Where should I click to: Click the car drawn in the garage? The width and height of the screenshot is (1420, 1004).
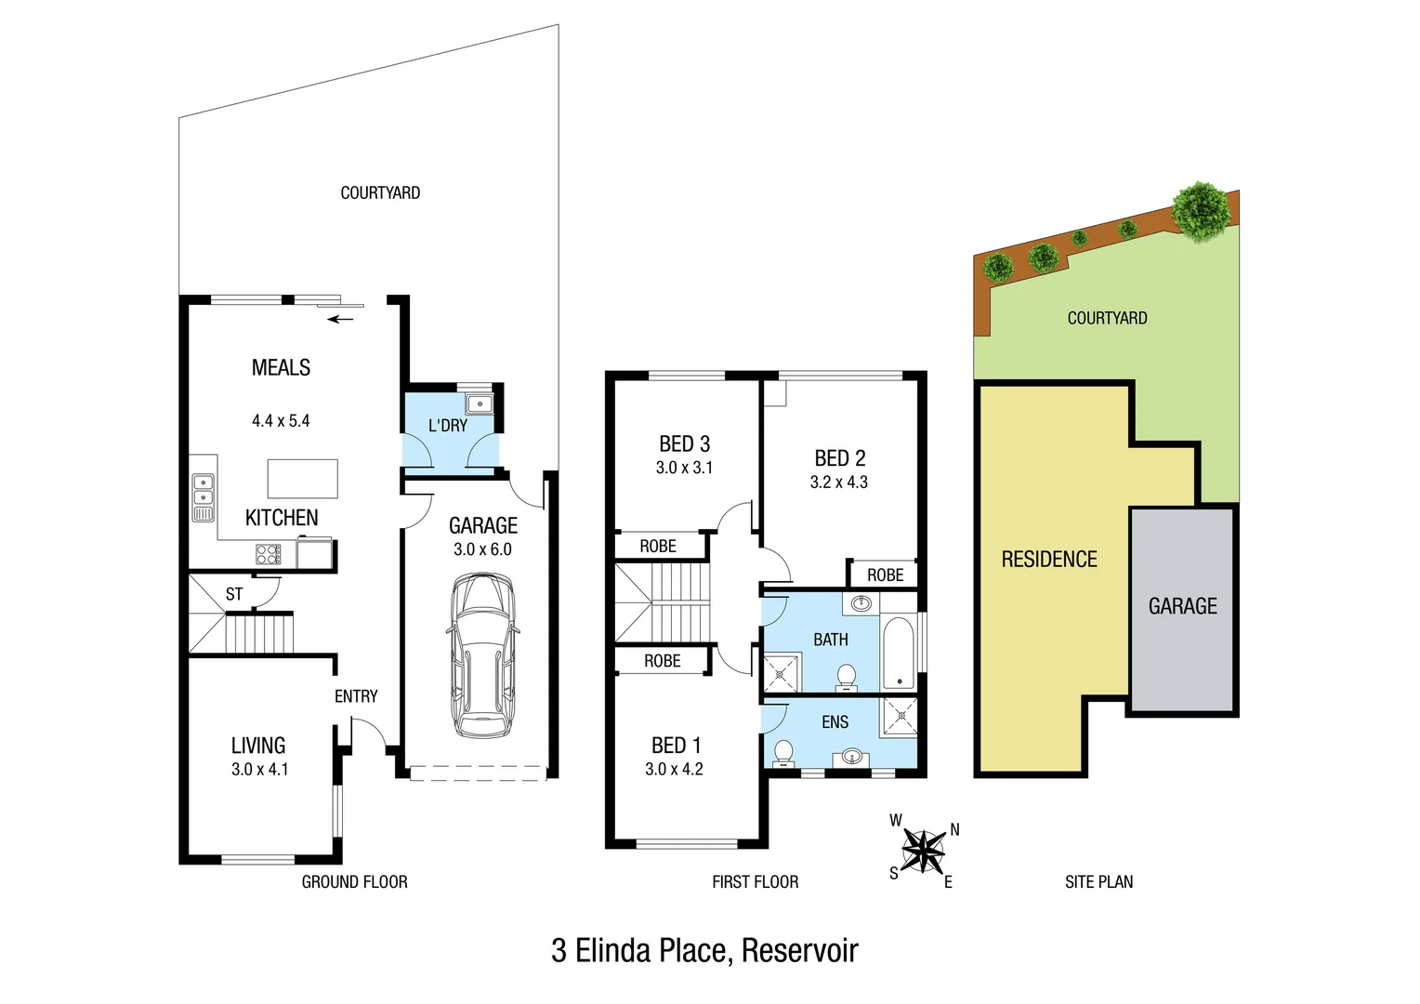pyautogui.click(x=482, y=656)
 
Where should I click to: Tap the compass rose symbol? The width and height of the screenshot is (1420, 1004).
pyautogui.click(x=924, y=850)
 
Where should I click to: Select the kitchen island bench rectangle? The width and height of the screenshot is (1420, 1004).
pyautogui.click(x=302, y=479)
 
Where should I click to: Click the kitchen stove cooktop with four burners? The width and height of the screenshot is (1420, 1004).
pyautogui.click(x=268, y=555)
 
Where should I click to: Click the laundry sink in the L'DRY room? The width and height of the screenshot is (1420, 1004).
pyautogui.click(x=480, y=404)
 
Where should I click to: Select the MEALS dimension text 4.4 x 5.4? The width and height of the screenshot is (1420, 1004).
pyautogui.click(x=281, y=421)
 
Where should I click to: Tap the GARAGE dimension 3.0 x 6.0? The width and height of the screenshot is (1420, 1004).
pyautogui.click(x=482, y=549)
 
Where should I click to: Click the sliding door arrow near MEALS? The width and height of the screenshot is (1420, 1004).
pyautogui.click(x=341, y=320)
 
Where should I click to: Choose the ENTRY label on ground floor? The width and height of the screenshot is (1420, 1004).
pyautogui.click(x=356, y=696)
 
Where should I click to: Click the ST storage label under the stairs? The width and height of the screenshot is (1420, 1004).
pyautogui.click(x=234, y=594)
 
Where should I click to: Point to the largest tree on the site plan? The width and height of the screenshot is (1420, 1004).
pyautogui.click(x=1201, y=209)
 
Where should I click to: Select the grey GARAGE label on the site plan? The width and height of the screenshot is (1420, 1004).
pyautogui.click(x=1182, y=606)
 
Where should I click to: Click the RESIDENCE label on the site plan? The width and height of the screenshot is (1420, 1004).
pyautogui.click(x=1049, y=560)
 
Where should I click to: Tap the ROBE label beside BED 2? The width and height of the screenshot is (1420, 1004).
pyautogui.click(x=885, y=575)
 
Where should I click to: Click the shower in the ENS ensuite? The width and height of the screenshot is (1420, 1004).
pyautogui.click(x=899, y=715)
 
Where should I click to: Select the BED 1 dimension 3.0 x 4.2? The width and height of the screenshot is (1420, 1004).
pyautogui.click(x=674, y=770)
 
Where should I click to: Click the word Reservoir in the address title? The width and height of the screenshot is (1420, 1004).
pyautogui.click(x=799, y=951)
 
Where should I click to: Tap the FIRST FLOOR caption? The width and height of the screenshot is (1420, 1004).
pyautogui.click(x=755, y=882)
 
